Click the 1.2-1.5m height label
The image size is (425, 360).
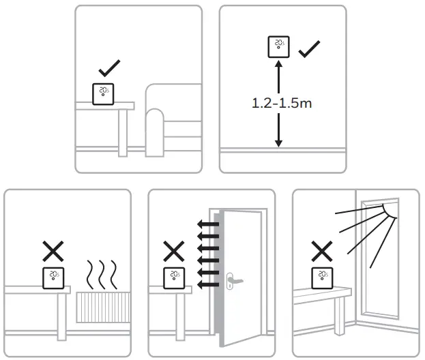pyautogui.click(x=278, y=104)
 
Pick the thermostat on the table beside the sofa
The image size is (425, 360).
pyautogui.click(x=102, y=93)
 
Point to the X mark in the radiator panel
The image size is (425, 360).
pyautogui.click(x=54, y=252)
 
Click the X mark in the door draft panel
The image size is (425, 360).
pyautogui.click(x=174, y=252)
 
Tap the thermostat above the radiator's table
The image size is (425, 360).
pyautogui.click(x=54, y=277)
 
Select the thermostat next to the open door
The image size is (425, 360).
pyautogui.click(x=174, y=277)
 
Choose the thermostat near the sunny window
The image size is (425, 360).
pyautogui.click(x=323, y=277)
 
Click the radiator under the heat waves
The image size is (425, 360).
pyautogui.click(x=102, y=307)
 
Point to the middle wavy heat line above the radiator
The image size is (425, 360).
pyautogui.click(x=102, y=273)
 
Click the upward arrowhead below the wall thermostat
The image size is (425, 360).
pyautogui.click(x=278, y=65)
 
